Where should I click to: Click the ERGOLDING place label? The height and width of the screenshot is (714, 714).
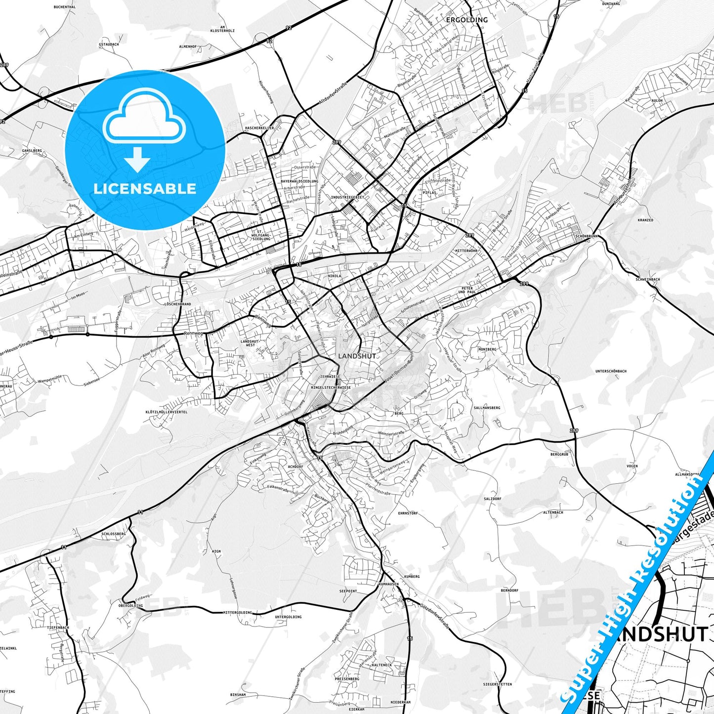coord(466,20)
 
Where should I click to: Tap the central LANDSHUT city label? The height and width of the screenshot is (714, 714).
coord(357,356)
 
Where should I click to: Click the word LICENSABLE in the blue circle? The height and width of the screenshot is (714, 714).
coord(145,188)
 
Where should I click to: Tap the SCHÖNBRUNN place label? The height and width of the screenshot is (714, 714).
coord(587,236)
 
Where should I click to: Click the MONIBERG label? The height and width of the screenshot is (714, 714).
coord(487,349)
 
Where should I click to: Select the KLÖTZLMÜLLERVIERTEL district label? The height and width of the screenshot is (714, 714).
coord(167,412)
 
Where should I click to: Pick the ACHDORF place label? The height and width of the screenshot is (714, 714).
coord(295,466)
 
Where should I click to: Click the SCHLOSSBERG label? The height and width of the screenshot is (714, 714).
coord(114,534)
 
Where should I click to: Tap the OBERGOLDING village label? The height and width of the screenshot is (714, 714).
coord(130,605)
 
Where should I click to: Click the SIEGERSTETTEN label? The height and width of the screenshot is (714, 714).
coord(498,684)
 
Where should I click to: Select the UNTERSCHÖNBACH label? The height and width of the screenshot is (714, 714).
coord(611,371)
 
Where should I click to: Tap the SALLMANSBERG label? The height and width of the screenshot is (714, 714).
coord(487,408)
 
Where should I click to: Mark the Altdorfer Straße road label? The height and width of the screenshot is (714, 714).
coord(333,94)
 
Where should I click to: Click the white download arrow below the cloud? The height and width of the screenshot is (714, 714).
coord(137,159)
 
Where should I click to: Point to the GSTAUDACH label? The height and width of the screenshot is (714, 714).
coord(109,44)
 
